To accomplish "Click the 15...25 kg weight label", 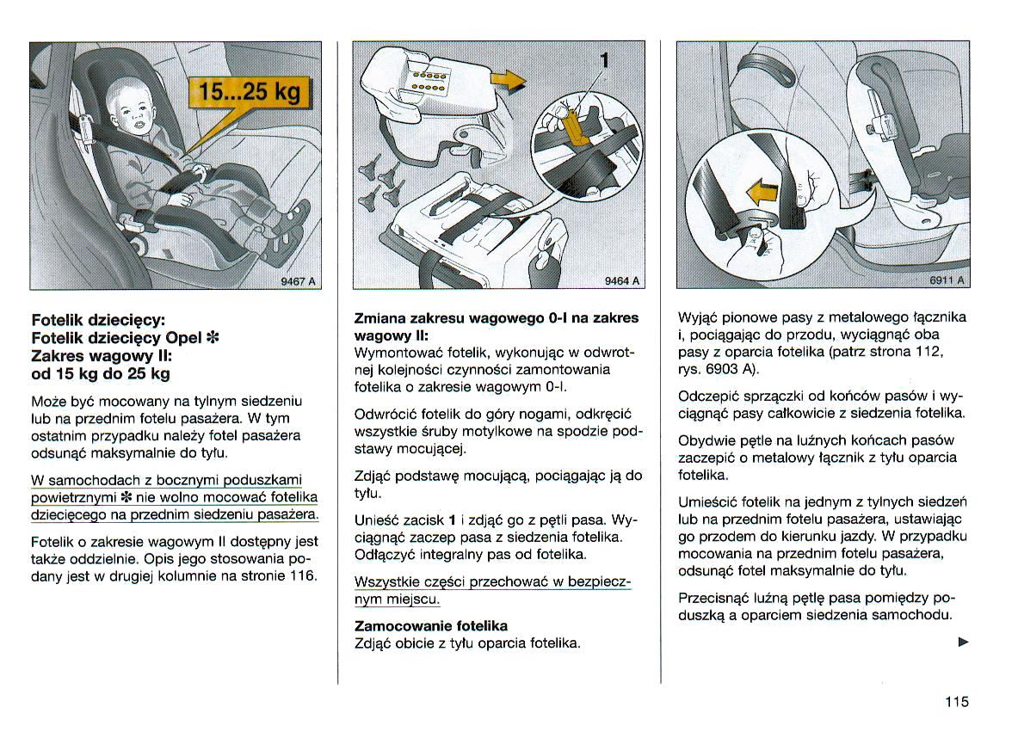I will click(x=250, y=92).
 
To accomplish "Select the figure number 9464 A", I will click(x=621, y=280).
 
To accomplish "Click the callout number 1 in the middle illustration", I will click(x=605, y=60).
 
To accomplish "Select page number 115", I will click(x=956, y=702).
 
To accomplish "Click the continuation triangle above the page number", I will click(x=963, y=642).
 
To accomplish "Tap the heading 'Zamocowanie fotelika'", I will click(x=431, y=625).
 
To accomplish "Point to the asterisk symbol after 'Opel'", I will click(x=211, y=336).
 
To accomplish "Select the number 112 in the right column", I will click(x=931, y=352).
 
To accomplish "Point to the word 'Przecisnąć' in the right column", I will click(x=713, y=597).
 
